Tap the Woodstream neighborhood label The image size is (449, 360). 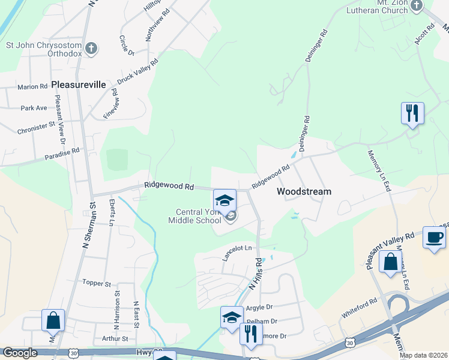tap(304, 191)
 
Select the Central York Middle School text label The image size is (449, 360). tap(199, 216)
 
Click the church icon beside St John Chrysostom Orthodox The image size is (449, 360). tap(91, 49)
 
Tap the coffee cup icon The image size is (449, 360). tap(434, 238)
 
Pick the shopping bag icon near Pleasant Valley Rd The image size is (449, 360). tap(390, 262)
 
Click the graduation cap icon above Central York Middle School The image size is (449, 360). tap(224, 200)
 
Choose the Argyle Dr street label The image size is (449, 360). tap(260, 307)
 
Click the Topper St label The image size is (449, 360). tap(97, 283)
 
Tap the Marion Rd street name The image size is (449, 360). tap(32, 87)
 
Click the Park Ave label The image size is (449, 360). tap(34, 108)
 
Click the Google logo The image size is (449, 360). tap(20, 352)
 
